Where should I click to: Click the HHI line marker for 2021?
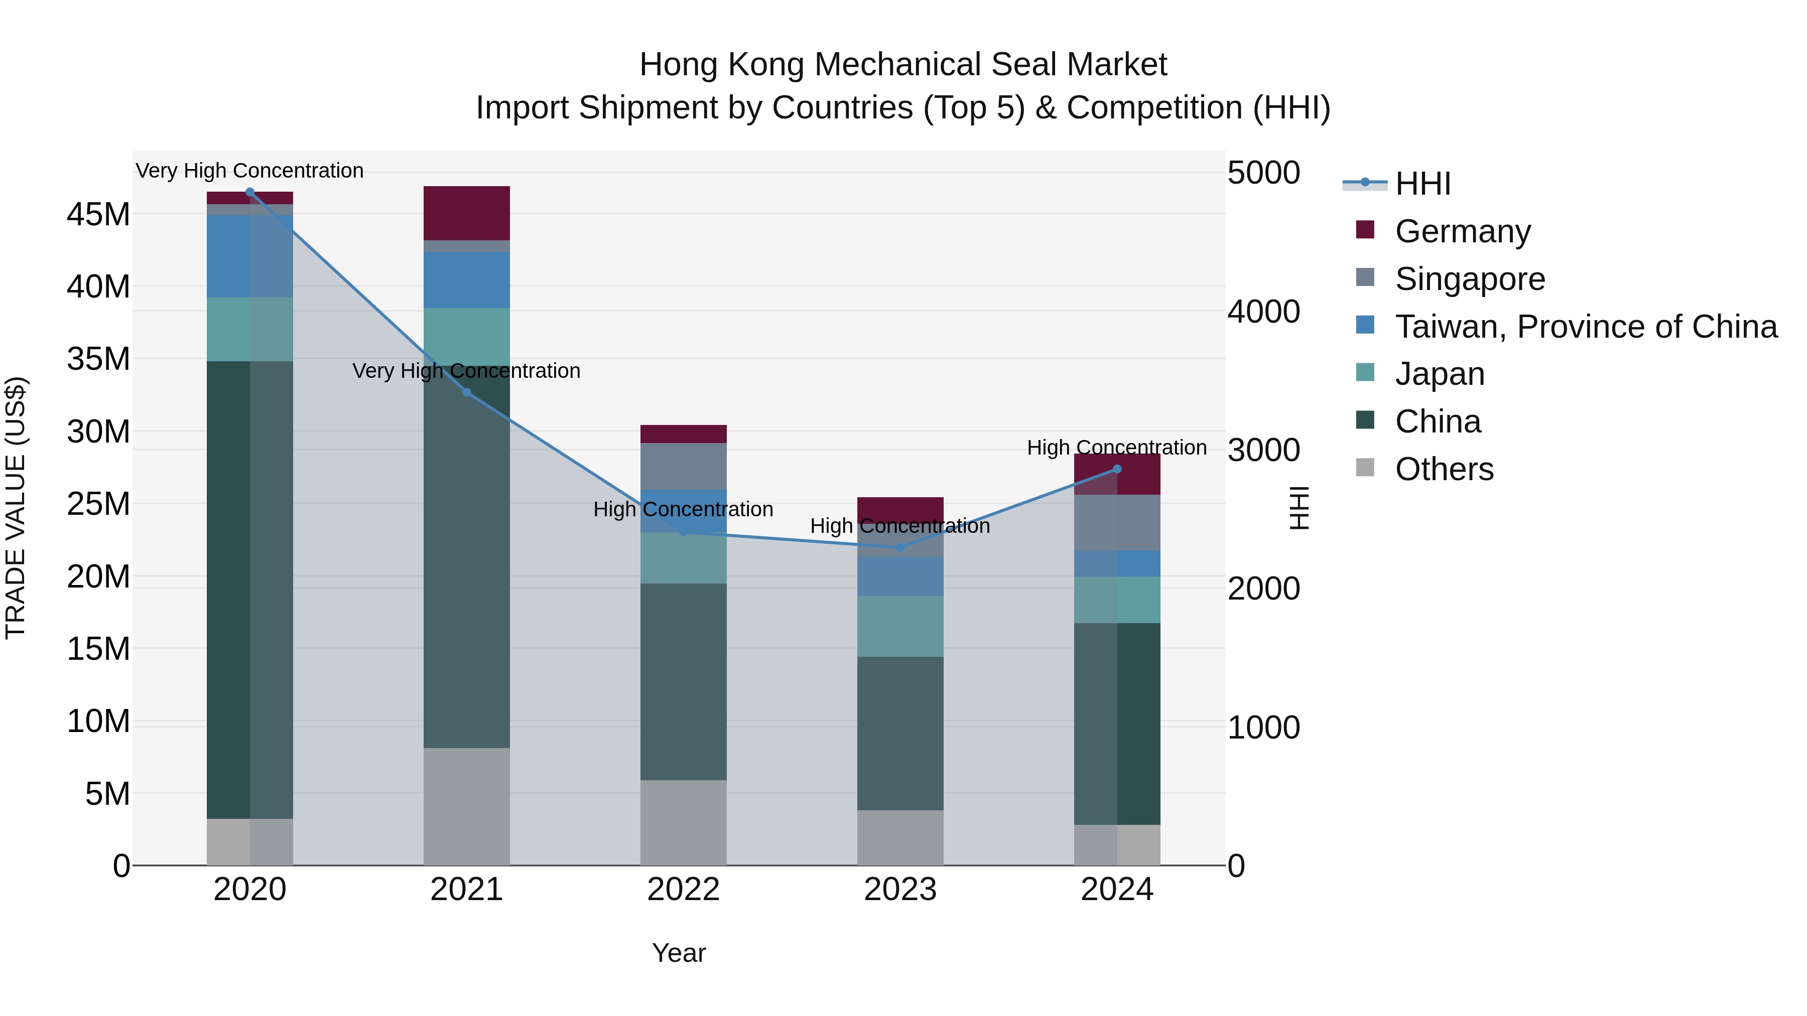coord(466,393)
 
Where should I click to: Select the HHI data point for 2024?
coord(1117,469)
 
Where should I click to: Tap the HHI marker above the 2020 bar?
coord(250,192)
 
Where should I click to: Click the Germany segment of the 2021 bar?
coord(466,213)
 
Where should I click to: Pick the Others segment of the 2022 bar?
coord(683,822)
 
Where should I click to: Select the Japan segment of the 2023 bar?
coord(900,626)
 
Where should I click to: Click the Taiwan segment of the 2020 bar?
coord(250,256)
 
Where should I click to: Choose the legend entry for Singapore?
coord(1470,279)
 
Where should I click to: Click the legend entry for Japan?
coord(1440,374)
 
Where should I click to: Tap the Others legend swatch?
coord(1365,468)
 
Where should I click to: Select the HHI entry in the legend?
coord(1423,184)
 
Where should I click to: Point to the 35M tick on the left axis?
coord(98,359)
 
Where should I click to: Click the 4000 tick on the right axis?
coord(1263,312)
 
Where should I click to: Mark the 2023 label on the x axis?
coord(900,890)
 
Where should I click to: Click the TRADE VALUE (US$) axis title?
coord(16,508)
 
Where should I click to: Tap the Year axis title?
coord(678,953)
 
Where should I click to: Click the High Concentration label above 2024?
coord(1117,448)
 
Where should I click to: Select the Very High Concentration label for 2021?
coord(466,371)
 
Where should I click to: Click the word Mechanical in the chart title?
coord(900,65)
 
